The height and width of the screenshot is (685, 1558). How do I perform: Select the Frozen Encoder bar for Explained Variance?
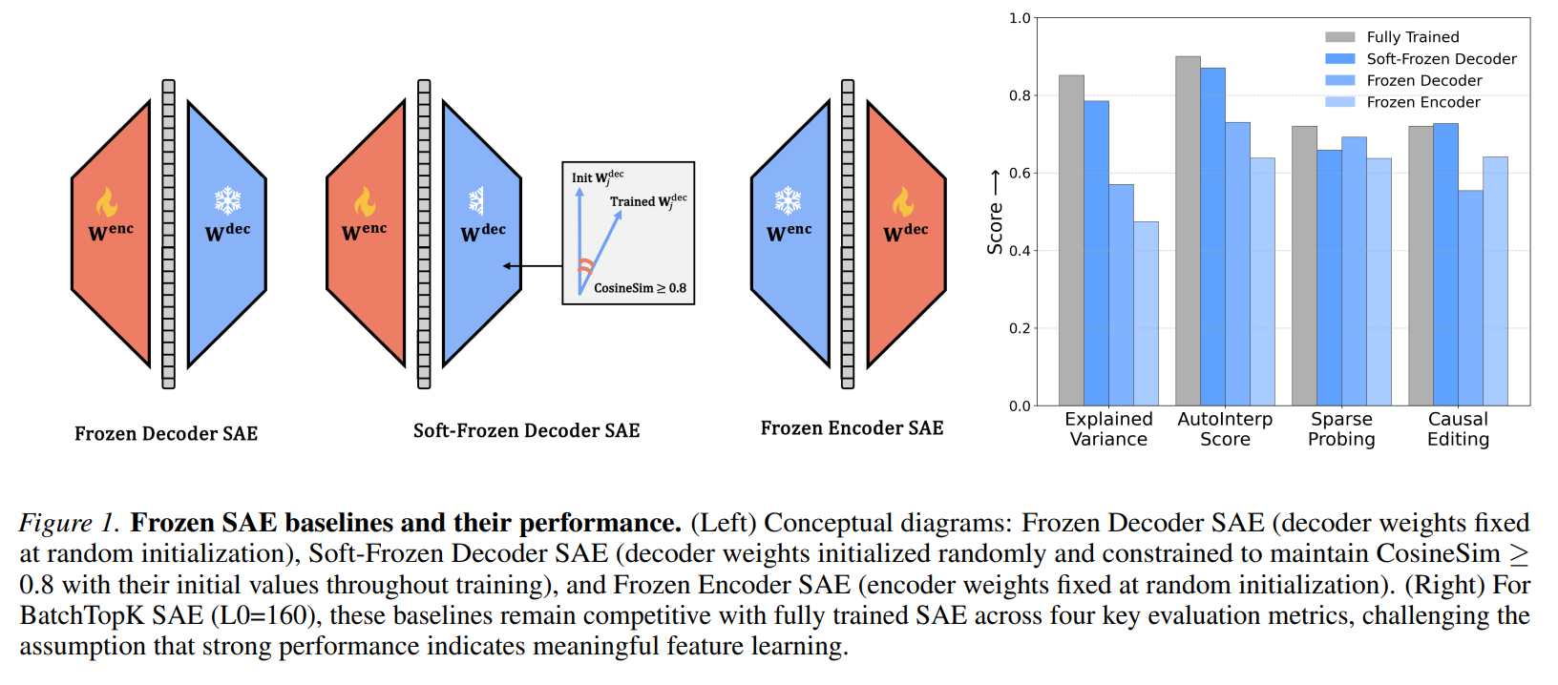pos(1146,314)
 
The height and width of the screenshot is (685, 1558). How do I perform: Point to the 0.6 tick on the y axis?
pos(1020,173)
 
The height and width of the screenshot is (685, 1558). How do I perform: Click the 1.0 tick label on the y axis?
pos(1020,18)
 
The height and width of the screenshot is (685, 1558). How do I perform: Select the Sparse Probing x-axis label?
pos(1341,429)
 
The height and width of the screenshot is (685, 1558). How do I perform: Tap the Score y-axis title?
pos(995,229)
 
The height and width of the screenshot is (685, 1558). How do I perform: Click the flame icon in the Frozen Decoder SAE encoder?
pos(106,201)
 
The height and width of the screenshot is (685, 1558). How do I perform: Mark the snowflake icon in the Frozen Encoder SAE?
pos(788,200)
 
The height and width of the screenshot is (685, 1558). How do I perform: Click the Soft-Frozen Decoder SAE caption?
pos(526,430)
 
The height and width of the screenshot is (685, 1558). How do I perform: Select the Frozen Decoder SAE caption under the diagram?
pos(166,433)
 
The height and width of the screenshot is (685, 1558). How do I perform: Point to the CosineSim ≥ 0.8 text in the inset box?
pos(640,288)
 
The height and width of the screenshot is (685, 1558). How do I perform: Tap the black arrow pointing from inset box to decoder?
pos(533,266)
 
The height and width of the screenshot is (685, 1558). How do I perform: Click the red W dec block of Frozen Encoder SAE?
pos(905,234)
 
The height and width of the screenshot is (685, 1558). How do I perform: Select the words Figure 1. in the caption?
pos(69,523)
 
